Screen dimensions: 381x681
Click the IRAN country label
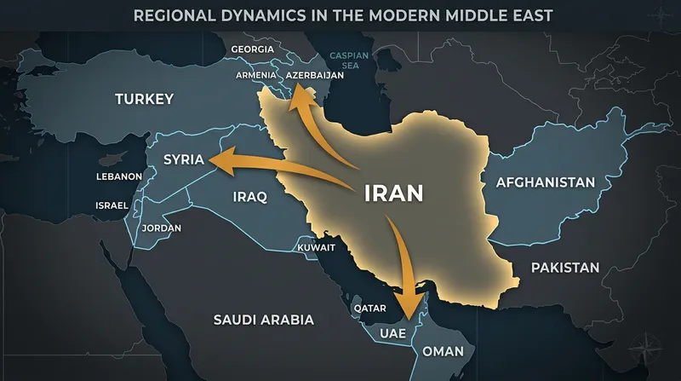[392, 193]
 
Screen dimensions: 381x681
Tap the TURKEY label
[144, 100]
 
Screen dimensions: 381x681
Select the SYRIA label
[185, 159]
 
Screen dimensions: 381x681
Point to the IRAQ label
[249, 198]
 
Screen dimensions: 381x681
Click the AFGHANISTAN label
[544, 182]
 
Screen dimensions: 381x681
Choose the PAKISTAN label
[565, 268]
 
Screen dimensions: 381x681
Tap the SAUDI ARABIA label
[263, 320]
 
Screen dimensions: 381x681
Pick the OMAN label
[444, 350]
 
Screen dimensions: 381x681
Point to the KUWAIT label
[316, 248]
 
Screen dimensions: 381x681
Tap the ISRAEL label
[112, 205]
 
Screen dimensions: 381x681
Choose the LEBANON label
[118, 176]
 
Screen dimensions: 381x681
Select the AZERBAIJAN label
[314, 75]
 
